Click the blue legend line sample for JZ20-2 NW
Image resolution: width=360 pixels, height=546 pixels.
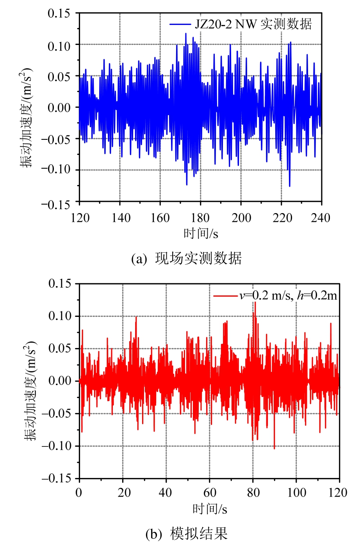[x=180, y=24]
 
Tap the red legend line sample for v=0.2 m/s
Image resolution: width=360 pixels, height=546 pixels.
[x=225, y=295]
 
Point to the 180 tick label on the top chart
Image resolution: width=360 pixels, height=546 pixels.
[x=200, y=218]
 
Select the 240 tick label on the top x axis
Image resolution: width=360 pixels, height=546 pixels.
[x=321, y=218]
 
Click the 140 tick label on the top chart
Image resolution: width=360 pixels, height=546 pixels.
[x=120, y=218]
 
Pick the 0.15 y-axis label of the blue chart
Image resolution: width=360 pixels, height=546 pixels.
[x=59, y=14]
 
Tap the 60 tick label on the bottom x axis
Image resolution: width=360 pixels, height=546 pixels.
[x=210, y=493]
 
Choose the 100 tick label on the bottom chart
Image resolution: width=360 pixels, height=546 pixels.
[x=296, y=493]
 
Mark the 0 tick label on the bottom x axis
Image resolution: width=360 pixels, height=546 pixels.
[x=79, y=493]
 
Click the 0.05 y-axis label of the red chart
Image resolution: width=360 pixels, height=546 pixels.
[x=59, y=348]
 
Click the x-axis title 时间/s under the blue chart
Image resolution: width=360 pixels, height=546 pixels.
[x=201, y=233]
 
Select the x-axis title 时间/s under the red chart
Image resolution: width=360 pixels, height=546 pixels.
[x=210, y=509]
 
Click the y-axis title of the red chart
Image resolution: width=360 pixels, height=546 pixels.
[x=30, y=391]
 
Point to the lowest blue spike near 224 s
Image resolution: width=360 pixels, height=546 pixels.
[x=290, y=186]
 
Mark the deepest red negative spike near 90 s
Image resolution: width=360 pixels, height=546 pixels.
[x=274, y=448]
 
